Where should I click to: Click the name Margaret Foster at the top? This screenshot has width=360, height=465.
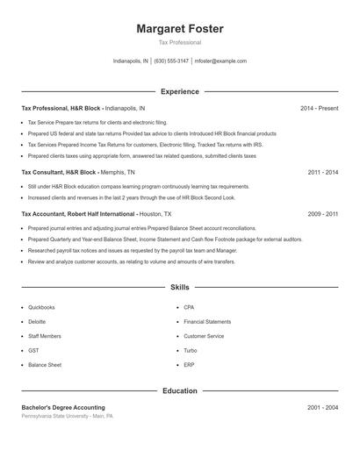[x=180, y=29]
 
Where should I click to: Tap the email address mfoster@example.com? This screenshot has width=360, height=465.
[x=220, y=61]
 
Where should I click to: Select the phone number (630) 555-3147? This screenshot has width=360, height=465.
[x=171, y=61]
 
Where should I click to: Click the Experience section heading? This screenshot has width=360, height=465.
[x=180, y=91]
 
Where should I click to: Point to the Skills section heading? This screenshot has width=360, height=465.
[x=180, y=287]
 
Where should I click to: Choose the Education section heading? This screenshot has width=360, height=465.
[x=180, y=390]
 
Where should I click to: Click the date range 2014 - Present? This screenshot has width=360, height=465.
[x=319, y=108]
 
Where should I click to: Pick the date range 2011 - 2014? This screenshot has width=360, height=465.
[x=323, y=173]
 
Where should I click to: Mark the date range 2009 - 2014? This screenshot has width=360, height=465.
[x=323, y=213]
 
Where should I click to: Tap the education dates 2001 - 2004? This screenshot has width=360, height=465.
[x=323, y=407]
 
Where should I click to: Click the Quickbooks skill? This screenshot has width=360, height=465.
[x=41, y=308]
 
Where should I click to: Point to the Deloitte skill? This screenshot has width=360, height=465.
[x=37, y=322]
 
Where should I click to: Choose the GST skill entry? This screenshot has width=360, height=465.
[x=33, y=350]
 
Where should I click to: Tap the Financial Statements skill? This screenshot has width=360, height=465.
[x=207, y=322]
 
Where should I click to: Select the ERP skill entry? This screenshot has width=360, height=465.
[x=189, y=364]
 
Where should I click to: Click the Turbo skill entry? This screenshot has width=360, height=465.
[x=191, y=350]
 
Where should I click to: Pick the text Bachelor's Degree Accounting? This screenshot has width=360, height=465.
[x=63, y=407]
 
